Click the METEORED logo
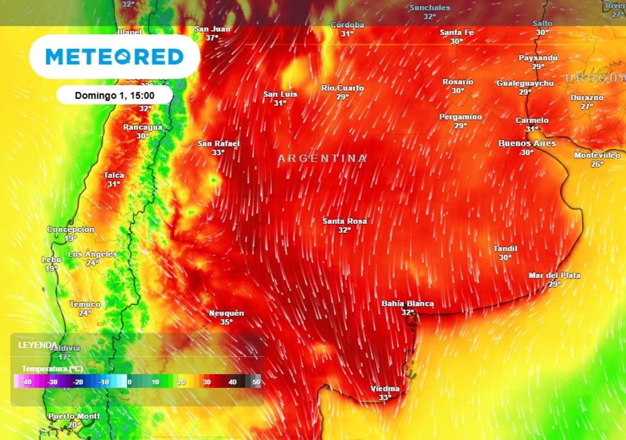click(x=114, y=57)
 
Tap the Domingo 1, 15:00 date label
click(x=114, y=95)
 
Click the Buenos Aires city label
click(x=527, y=143)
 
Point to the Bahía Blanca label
click(x=407, y=303)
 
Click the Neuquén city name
click(x=226, y=313)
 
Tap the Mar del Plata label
click(x=554, y=276)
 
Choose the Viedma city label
click(x=385, y=389)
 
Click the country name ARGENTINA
click(x=322, y=158)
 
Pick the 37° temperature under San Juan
click(x=212, y=38)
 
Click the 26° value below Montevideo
click(x=597, y=164)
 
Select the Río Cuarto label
click(x=342, y=88)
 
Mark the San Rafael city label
click(x=218, y=144)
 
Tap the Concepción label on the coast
click(x=71, y=229)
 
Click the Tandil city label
click(x=505, y=249)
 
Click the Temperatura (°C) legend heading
click(x=52, y=369)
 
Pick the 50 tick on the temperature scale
click(x=256, y=382)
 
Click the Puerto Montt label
click(x=74, y=416)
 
